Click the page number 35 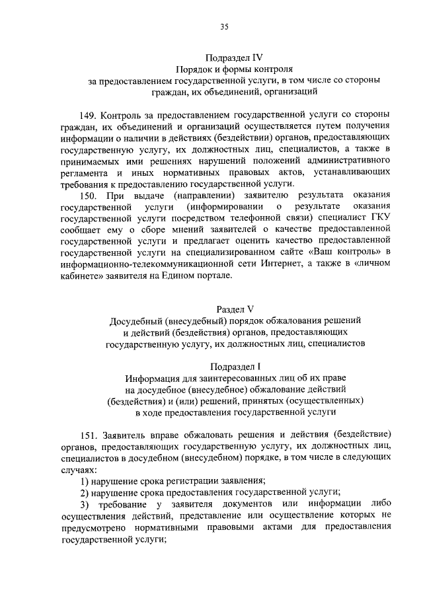(224, 26)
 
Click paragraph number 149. (88, 113)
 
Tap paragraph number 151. (88, 434)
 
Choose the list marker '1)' (85, 480)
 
